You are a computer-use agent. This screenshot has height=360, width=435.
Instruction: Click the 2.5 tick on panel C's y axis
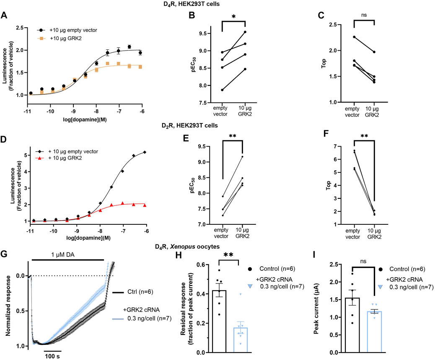342,25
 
